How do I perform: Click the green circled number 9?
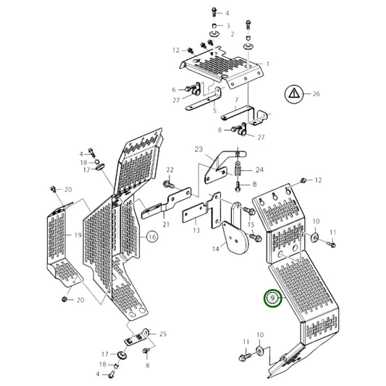272,298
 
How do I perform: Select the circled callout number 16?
152,237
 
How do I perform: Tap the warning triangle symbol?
293,94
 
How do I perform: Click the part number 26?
316,94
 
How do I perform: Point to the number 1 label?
268,64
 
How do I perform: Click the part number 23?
198,149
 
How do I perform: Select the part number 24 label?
259,169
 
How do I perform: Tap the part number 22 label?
170,170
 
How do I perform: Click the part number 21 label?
166,225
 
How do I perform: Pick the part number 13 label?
196,230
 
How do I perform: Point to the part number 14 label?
216,249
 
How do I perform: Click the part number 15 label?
251,225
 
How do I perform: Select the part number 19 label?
77,235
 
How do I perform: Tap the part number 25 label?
163,334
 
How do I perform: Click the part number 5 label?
214,111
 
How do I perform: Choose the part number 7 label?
237,100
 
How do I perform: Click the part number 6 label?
174,90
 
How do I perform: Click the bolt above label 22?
169,184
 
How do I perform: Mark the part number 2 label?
232,34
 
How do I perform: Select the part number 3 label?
228,25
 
